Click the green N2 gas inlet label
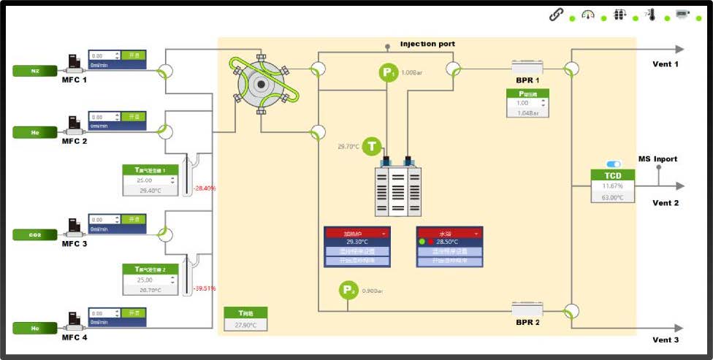pyautogui.click(x=34, y=71)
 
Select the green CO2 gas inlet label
pyautogui.click(x=34, y=235)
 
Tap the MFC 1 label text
pyautogui.click(x=75, y=80)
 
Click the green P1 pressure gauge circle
pyautogui.click(x=387, y=72)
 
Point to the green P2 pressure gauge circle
pyautogui.click(x=348, y=291)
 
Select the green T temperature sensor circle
pyautogui.click(x=373, y=146)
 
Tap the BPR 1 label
pyautogui.click(x=527, y=80)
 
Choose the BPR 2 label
pyautogui.click(x=527, y=321)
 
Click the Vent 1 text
pyautogui.click(x=666, y=64)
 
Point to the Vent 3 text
pyautogui.click(x=666, y=340)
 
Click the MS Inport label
pyautogui.click(x=657, y=159)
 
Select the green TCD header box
pyautogui.click(x=612, y=176)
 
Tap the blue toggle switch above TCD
pyautogui.click(x=613, y=164)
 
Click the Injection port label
pyautogui.click(x=427, y=44)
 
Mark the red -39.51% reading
pyautogui.click(x=205, y=288)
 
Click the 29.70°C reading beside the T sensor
pyautogui.click(x=348, y=147)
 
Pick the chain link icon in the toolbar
pyautogui.click(x=556, y=15)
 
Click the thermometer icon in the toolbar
pyautogui.click(x=649, y=15)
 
